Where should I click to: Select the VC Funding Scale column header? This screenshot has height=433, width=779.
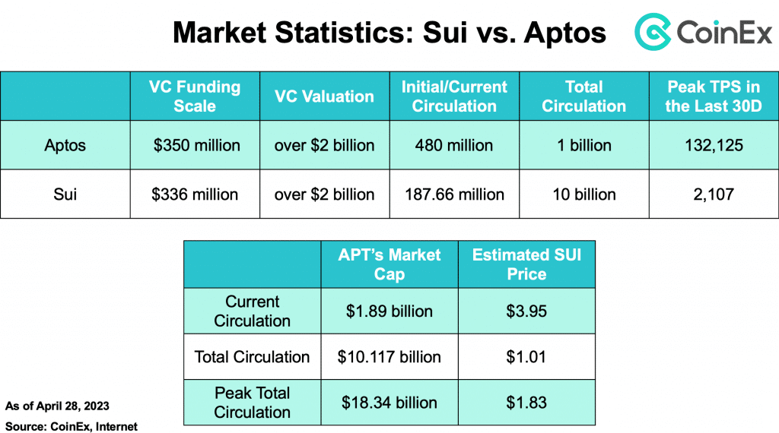coord(195,96)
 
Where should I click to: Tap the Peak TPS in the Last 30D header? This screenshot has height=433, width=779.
coord(713,96)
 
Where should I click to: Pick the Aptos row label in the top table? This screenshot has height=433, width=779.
coord(65,145)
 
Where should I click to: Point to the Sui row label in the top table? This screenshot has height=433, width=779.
coord(65,194)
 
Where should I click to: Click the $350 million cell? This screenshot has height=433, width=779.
coord(195,145)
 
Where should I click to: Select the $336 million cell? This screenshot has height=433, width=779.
coord(195,194)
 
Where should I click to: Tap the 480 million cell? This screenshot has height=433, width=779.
coord(454,145)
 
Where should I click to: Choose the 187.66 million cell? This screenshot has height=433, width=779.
coord(454,194)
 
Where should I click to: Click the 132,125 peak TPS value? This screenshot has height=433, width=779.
coord(713,145)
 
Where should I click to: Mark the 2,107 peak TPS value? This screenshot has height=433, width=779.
coord(713,194)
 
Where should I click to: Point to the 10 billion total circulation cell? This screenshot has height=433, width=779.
coord(583,194)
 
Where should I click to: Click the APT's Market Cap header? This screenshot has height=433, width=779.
coord(389,264)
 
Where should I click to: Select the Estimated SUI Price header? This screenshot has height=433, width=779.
coord(526,264)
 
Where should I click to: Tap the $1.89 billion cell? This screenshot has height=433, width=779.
coord(389,311)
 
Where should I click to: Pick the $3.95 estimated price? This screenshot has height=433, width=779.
coord(526,311)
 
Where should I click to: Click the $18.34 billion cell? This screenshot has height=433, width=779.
coord(389,403)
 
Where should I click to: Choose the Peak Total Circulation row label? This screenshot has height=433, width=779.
coord(252,403)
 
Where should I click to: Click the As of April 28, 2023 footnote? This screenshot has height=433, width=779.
coord(57,406)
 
